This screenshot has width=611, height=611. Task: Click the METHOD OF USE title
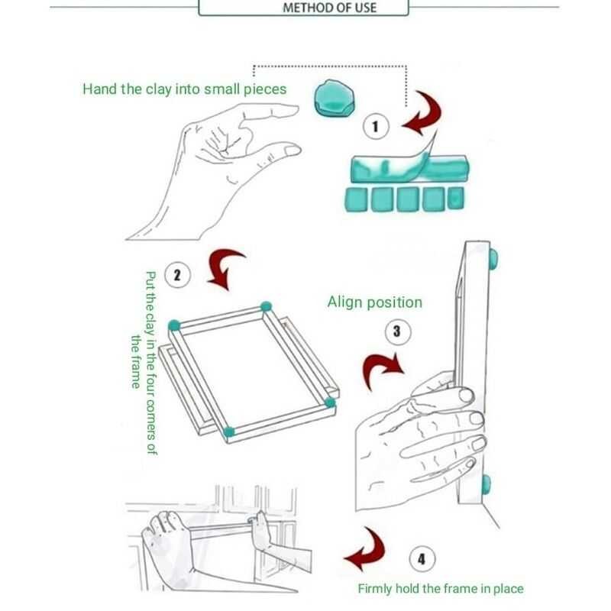coord(329,8)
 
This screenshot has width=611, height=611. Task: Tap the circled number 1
coord(376,127)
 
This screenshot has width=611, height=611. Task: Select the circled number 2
coord(178,275)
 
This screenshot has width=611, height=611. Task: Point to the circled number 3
coord(397,331)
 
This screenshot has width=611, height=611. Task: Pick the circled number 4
coord(422,559)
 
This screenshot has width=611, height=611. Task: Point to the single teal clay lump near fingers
coord(334,99)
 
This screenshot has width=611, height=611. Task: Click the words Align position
coord(374,302)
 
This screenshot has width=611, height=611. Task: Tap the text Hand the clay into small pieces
coord(184,89)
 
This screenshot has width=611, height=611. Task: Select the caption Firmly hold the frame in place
coord(441,588)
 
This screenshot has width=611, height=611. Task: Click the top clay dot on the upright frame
coord(493,258)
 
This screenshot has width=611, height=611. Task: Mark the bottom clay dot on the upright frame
coord(486,485)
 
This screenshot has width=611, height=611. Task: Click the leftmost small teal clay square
coord(356,200)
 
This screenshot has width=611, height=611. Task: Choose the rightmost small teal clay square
coord(455,198)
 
